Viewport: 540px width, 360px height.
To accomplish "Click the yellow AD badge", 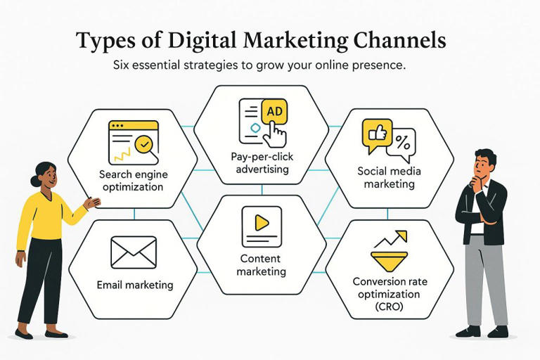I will click(x=274, y=111).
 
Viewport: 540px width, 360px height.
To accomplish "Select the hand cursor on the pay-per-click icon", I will click(x=277, y=131).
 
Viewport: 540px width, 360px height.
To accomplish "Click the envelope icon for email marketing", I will click(x=134, y=252).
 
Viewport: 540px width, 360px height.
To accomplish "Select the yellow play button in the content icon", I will click(x=262, y=223).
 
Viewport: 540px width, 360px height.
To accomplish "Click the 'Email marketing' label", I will click(x=134, y=285).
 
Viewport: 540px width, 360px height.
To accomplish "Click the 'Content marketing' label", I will click(x=260, y=265).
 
